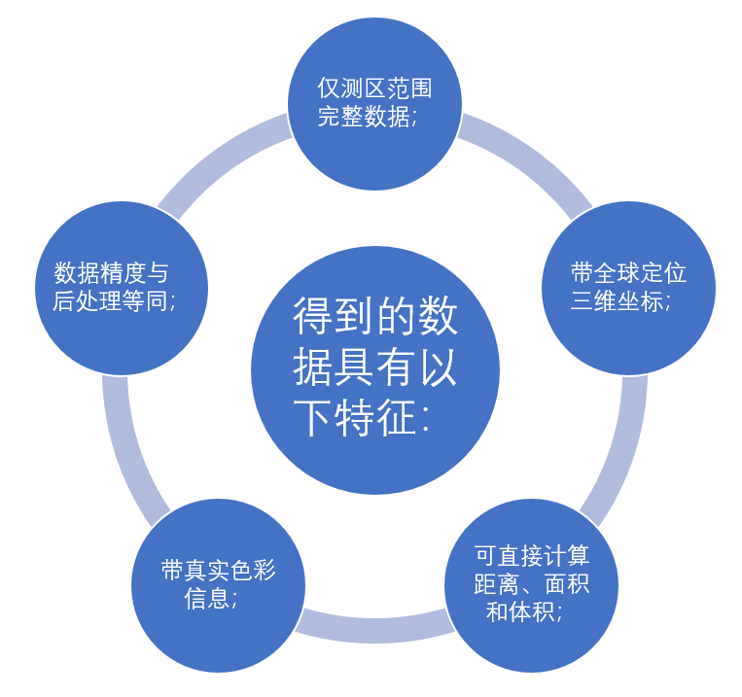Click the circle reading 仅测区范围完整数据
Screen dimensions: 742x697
(x=374, y=104)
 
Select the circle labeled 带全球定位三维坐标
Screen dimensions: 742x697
(x=628, y=288)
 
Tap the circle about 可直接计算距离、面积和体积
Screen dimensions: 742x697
(x=531, y=585)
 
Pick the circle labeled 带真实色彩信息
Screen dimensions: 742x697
(x=218, y=585)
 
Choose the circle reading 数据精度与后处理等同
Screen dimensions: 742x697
(x=122, y=288)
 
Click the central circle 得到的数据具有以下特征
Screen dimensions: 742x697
(x=374, y=370)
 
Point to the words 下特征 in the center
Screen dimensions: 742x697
(x=355, y=418)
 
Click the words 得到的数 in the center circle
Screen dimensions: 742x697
(x=374, y=316)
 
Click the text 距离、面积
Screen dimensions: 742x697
(x=531, y=584)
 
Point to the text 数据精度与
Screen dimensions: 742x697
(x=111, y=273)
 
